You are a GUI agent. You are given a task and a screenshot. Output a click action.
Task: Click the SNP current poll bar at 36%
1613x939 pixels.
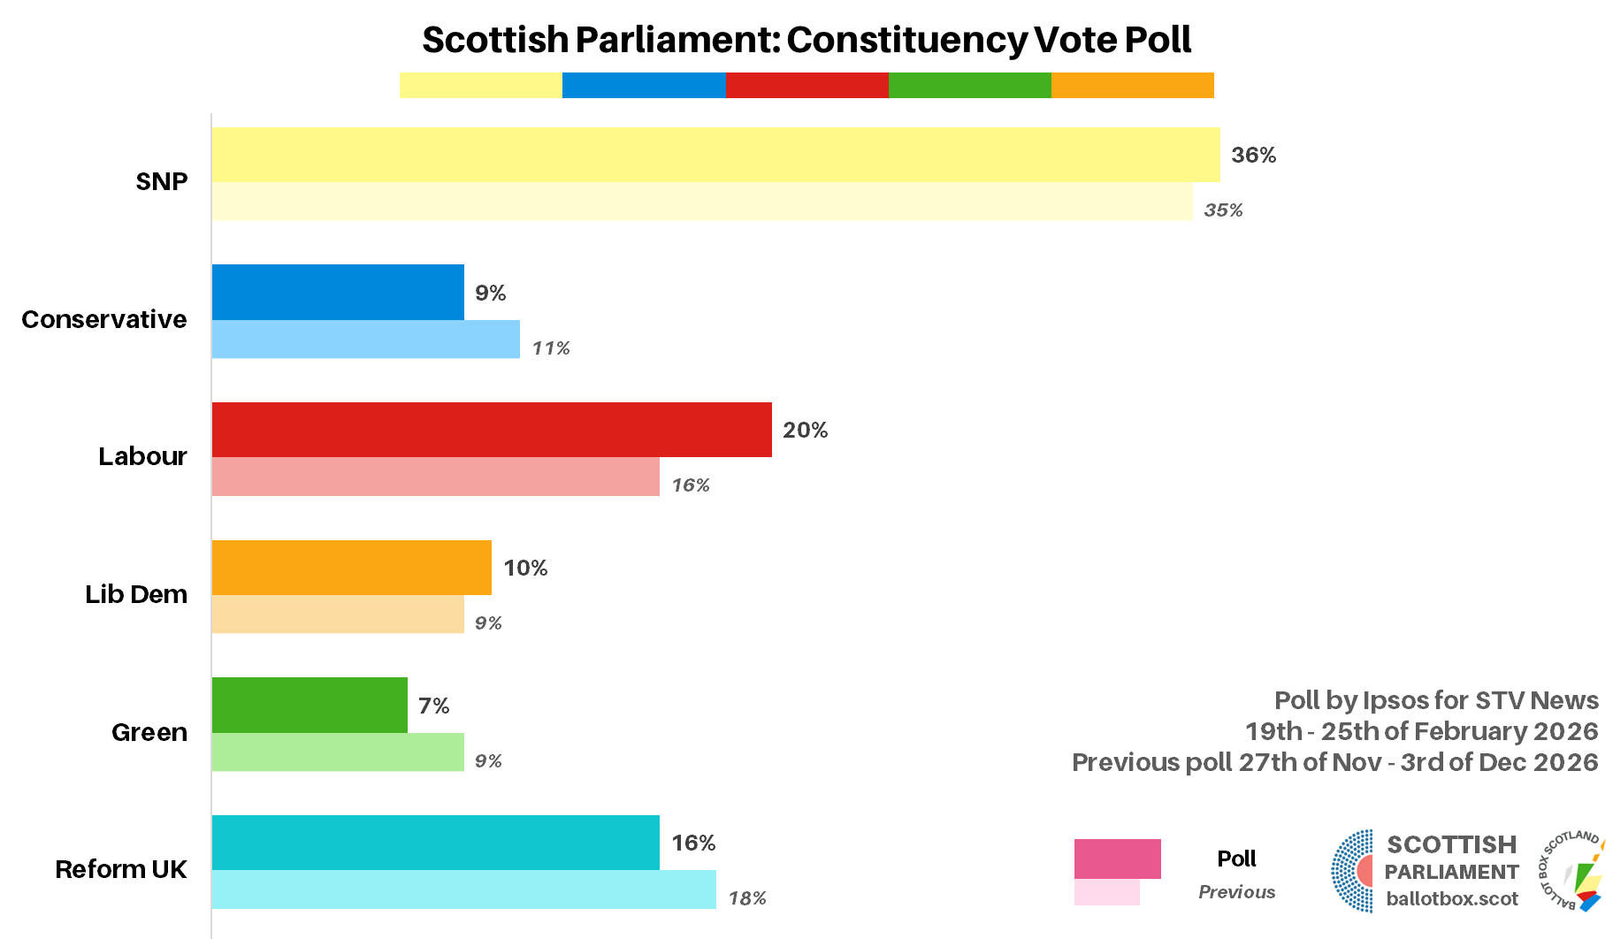click(x=715, y=155)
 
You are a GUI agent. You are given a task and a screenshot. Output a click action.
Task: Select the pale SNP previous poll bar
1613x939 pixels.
click(x=701, y=202)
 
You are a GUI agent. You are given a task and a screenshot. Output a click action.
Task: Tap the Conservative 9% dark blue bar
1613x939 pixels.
click(x=338, y=292)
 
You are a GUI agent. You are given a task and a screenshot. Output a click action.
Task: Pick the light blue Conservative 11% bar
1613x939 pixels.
click(x=365, y=340)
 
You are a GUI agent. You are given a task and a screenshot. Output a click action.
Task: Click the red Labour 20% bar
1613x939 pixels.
click(x=492, y=430)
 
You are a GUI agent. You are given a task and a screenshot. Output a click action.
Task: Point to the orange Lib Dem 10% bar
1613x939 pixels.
click(x=351, y=568)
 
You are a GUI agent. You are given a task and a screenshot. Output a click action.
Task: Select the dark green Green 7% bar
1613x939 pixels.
click(x=310, y=706)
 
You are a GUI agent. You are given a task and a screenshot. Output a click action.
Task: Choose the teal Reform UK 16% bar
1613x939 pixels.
click(x=435, y=843)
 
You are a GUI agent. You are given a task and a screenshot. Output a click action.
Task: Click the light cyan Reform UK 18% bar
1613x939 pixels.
click(x=463, y=889)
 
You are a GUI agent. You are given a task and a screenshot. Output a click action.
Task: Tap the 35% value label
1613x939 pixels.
click(x=1223, y=210)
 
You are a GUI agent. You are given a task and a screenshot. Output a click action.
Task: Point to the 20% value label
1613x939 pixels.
click(x=805, y=431)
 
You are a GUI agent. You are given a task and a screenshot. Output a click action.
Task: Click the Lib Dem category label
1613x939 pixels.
click(x=136, y=594)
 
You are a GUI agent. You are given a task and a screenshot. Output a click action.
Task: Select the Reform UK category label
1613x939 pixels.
click(x=121, y=869)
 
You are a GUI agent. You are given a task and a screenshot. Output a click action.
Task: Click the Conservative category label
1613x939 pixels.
click(x=104, y=319)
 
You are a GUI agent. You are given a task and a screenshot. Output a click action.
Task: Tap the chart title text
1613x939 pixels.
click(x=806, y=40)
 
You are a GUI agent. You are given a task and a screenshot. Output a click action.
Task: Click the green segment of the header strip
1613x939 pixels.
click(x=969, y=86)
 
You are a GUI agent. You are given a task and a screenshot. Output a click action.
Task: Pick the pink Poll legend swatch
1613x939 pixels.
click(x=1117, y=859)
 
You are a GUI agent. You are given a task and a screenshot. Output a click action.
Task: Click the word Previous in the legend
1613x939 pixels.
click(x=1236, y=892)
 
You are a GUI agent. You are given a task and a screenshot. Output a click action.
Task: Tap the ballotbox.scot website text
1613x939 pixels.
click(x=1451, y=899)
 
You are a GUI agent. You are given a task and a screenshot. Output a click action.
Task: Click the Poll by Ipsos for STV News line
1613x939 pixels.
click(x=1435, y=700)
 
